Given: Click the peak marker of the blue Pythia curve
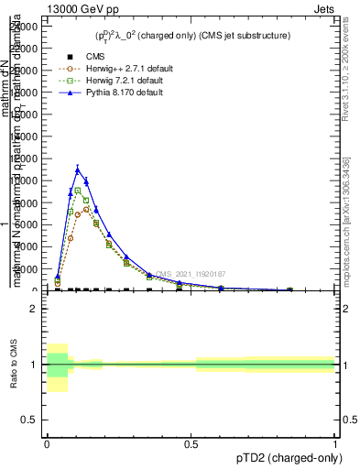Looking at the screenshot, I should (78, 169).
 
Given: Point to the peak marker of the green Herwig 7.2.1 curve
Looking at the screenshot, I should (78, 190).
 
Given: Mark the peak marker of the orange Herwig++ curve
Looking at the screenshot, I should (86, 209).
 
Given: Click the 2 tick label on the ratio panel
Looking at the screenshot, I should (34, 309).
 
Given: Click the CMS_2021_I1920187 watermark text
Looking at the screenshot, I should (191, 274).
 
